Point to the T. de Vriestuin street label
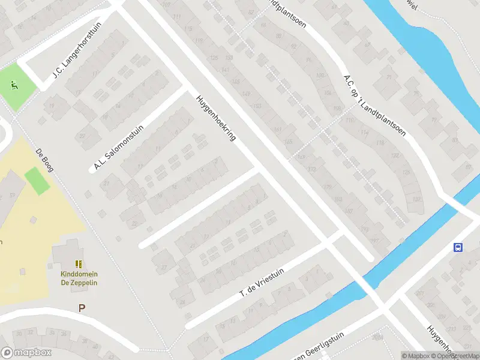pyautogui.click(x=262, y=283)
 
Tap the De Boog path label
pyautogui.click(x=45, y=160)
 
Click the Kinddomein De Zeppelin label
pyautogui.click(x=79, y=278)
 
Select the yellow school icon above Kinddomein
pyautogui.click(x=79, y=264)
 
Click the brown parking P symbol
pyautogui.click(x=82, y=308)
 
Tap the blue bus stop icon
pyautogui.click(x=458, y=247)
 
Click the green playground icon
pyautogui.click(x=13, y=86)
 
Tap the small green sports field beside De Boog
pyautogui.click(x=37, y=181)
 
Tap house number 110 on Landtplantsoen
pyautogui.click(x=350, y=120)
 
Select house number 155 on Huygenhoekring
pyautogui.click(x=289, y=142)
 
